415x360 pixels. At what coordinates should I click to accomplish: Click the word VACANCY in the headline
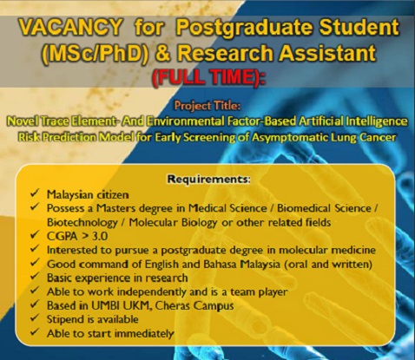[70, 27]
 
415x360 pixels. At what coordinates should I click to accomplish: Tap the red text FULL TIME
[207, 77]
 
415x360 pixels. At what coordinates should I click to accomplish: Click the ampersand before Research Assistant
[163, 53]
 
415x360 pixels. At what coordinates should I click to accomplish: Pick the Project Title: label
[207, 106]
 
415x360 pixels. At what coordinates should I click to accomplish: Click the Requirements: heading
[208, 179]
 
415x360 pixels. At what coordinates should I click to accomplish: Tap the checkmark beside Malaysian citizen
[35, 193]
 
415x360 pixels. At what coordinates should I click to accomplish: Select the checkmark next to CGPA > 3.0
[35, 235]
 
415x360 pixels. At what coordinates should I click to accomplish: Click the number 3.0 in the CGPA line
[100, 236]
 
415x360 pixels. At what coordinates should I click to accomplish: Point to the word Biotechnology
[82, 223]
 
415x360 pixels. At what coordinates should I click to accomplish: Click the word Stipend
[66, 319]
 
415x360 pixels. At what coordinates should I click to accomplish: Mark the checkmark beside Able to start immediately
[35, 332]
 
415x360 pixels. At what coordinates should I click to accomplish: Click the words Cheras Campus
[194, 306]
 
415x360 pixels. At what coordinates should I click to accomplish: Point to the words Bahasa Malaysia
[241, 265]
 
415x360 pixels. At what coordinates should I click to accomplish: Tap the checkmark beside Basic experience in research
[35, 277]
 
